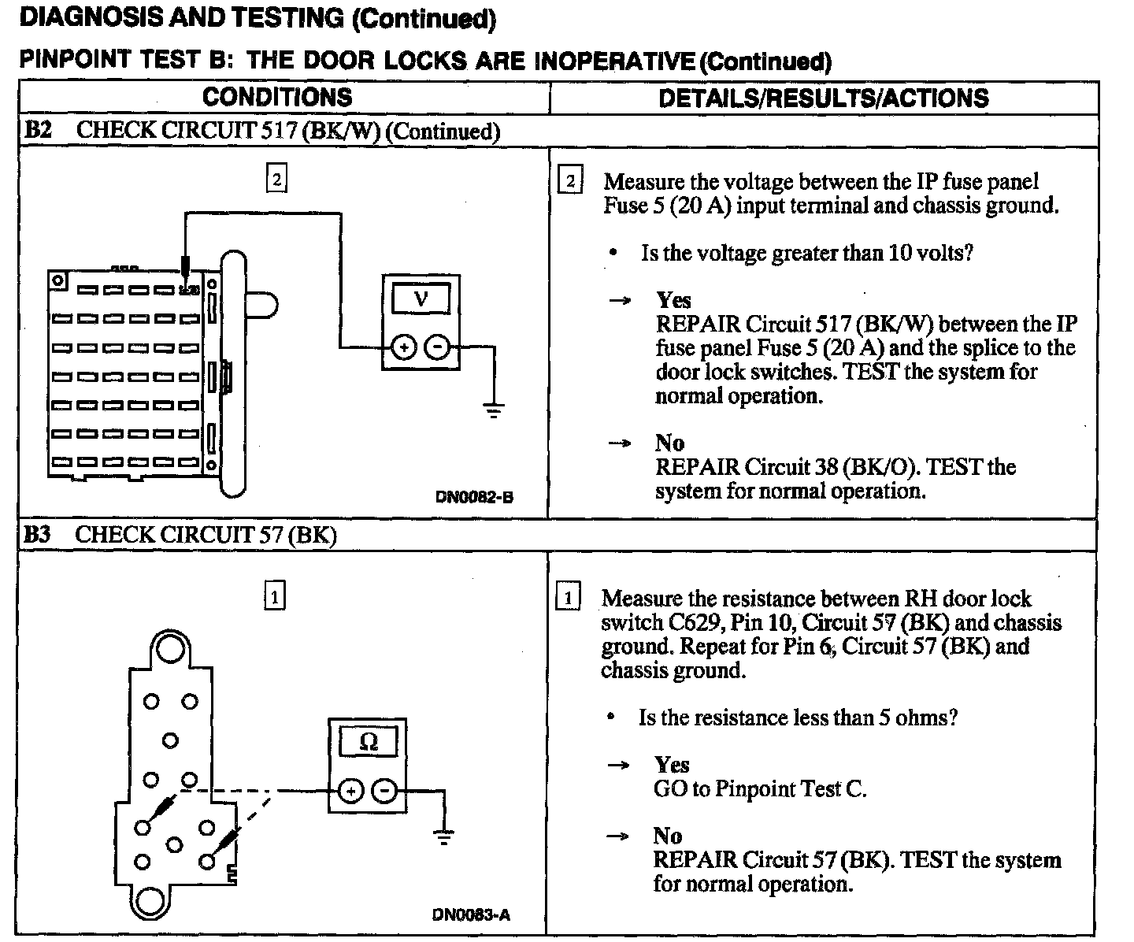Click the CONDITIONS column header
click(277, 97)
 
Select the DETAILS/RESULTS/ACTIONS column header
click(823, 98)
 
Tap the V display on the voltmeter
click(421, 299)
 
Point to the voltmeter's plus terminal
click(403, 347)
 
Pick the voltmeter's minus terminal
click(438, 347)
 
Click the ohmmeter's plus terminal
click(350, 791)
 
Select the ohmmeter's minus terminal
click(384, 791)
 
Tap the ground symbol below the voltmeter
click(494, 410)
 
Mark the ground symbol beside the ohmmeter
click(445, 836)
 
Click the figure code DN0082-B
click(474, 497)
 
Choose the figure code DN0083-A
click(471, 915)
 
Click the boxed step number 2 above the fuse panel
click(276, 179)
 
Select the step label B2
click(38, 130)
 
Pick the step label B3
click(37, 535)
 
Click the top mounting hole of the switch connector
click(169, 649)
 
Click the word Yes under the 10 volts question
click(673, 300)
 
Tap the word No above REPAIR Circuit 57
click(667, 836)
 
